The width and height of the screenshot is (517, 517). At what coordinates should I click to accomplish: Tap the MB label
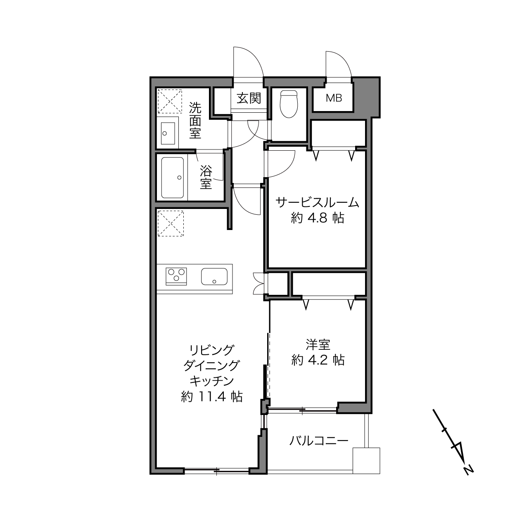(334, 98)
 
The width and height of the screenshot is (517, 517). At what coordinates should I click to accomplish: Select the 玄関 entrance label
(249, 98)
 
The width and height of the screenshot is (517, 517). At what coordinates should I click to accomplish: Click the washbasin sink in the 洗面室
(168, 133)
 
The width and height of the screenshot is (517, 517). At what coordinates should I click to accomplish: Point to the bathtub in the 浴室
(173, 177)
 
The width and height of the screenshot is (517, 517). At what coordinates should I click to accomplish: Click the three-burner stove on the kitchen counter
(176, 276)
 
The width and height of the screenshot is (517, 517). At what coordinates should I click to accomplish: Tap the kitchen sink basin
(214, 276)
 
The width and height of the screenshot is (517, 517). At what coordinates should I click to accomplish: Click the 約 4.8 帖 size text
(318, 218)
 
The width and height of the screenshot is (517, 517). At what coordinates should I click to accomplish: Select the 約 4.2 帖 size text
(318, 360)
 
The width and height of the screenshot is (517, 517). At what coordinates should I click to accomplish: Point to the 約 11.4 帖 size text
(212, 396)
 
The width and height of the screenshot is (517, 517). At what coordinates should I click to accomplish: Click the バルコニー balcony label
(319, 441)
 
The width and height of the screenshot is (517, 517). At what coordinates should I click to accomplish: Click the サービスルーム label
(318, 203)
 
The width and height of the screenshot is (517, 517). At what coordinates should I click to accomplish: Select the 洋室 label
(318, 345)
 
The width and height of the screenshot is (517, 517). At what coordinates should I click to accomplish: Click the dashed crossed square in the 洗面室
(170, 102)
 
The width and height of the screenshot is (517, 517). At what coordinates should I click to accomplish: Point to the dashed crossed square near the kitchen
(171, 223)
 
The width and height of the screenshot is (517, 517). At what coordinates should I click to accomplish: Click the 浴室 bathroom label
(206, 177)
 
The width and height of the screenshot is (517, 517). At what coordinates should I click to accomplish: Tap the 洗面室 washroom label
(195, 121)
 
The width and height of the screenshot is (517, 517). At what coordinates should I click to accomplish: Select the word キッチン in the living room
(212, 381)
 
